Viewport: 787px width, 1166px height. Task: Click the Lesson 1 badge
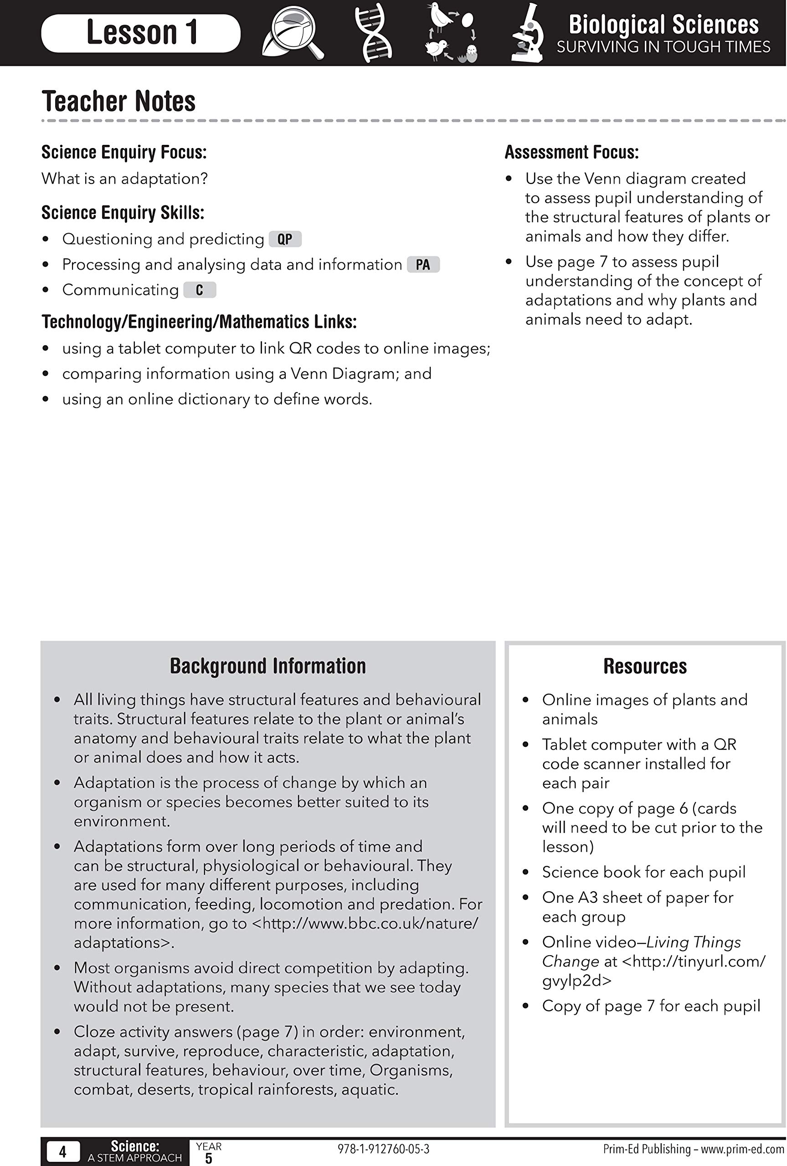[140, 33]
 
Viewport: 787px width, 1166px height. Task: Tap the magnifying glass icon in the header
[293, 33]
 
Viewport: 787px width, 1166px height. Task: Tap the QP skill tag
[285, 239]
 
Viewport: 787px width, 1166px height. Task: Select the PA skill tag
[423, 265]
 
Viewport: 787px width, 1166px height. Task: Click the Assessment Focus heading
[571, 153]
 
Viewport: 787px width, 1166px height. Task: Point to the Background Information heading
[267, 666]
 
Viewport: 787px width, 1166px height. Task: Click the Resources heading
[645, 666]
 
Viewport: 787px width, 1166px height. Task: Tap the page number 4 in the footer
[63, 1152]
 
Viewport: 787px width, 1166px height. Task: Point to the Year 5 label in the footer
[208, 1152]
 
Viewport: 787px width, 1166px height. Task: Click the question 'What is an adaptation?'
[124, 179]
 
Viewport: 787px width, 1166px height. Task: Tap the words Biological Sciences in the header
[664, 24]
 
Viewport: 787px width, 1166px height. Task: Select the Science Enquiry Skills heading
[123, 213]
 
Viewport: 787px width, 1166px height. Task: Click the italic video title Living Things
[694, 942]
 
